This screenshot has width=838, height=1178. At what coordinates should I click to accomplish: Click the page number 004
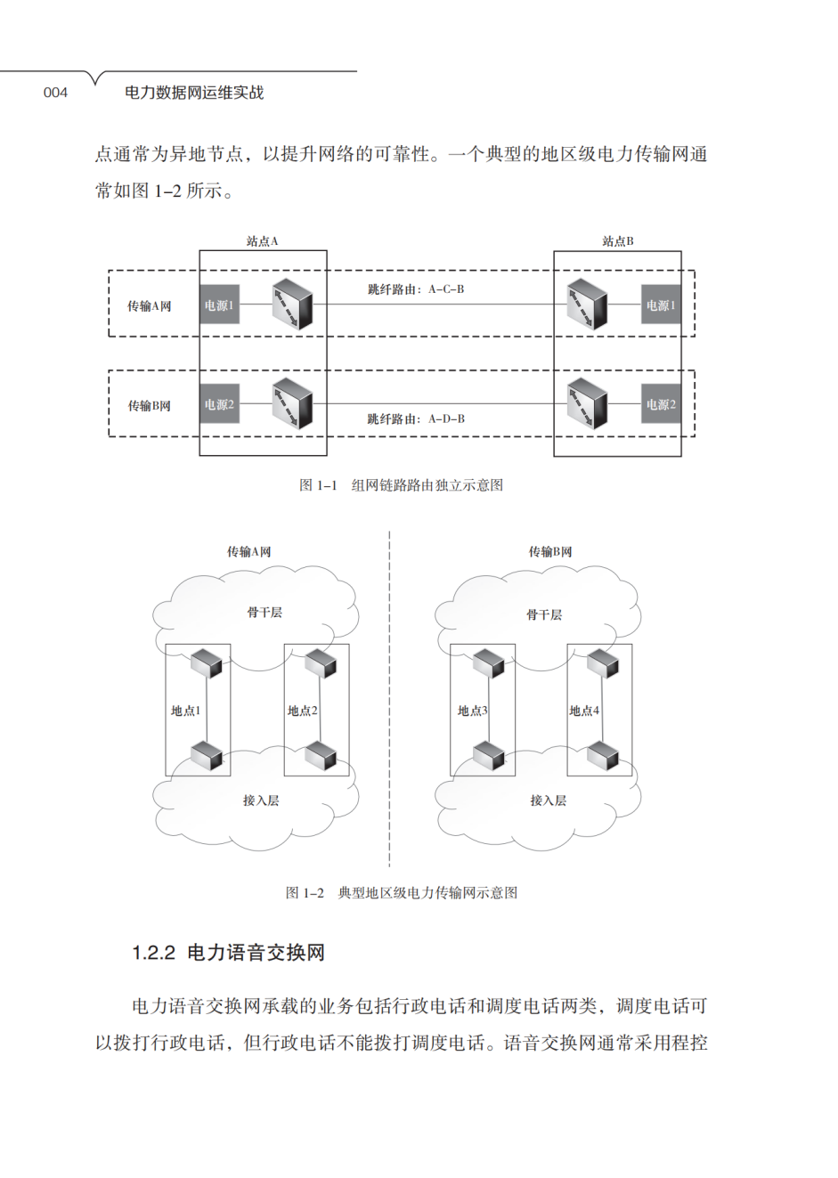tap(55, 93)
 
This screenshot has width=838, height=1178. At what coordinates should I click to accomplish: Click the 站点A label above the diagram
tap(263, 241)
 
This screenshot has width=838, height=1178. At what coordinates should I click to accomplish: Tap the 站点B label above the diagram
tap(617, 241)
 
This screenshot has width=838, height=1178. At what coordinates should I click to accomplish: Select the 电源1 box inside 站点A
tap(219, 305)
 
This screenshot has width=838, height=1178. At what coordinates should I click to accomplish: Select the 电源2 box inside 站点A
tap(219, 404)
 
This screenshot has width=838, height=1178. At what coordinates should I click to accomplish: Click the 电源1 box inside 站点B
tap(661, 305)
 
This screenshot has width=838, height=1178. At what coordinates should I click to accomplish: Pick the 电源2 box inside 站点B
tap(661, 404)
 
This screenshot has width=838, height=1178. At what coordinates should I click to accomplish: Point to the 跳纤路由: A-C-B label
tap(416, 289)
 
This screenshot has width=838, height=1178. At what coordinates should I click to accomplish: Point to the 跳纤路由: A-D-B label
tap(416, 418)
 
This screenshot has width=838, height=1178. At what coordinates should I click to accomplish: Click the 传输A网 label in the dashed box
tap(149, 306)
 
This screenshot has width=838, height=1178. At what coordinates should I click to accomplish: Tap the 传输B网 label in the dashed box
tap(149, 406)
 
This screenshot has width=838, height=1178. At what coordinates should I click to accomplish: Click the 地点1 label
tap(186, 711)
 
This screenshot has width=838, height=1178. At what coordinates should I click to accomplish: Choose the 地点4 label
tap(584, 711)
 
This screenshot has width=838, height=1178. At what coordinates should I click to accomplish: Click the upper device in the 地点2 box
tap(320, 663)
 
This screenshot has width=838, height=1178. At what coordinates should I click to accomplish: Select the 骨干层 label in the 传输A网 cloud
tap(264, 613)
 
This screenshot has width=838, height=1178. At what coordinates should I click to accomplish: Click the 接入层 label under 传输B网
tap(548, 800)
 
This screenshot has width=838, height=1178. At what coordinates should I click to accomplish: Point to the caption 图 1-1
tap(318, 485)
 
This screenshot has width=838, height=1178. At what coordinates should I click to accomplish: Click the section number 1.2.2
tap(153, 953)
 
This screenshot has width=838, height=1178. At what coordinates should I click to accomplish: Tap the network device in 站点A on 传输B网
tap(292, 403)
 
